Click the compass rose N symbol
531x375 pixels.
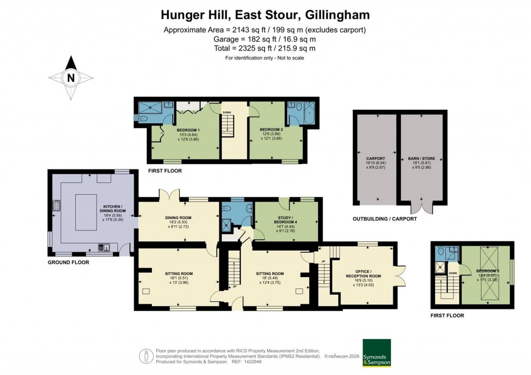pos(71,78)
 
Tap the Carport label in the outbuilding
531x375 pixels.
pos(375,158)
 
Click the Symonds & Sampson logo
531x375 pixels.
pos(376,353)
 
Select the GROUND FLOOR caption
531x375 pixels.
pos(68,263)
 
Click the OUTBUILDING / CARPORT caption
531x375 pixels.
pos(385,219)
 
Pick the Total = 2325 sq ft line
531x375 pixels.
pos(265,48)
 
